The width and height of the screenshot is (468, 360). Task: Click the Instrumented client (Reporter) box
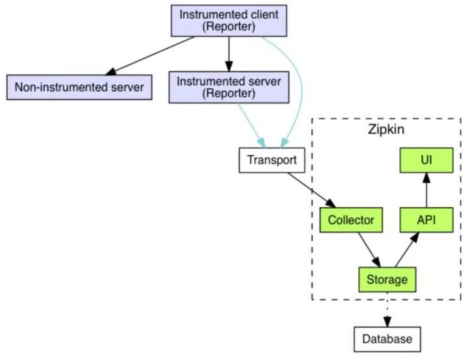[x=229, y=21]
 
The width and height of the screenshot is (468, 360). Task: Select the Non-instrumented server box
[x=79, y=87]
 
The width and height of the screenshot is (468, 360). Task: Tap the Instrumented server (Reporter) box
[x=229, y=87]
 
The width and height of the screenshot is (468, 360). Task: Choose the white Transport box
[x=272, y=160]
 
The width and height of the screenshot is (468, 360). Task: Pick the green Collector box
[x=351, y=220]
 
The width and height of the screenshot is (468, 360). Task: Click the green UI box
[x=426, y=160]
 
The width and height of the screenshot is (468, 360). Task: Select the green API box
[x=426, y=220]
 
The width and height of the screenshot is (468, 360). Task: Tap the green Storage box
[x=387, y=279]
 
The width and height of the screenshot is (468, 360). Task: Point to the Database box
[x=387, y=339]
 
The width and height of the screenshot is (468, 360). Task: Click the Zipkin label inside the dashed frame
[x=386, y=129]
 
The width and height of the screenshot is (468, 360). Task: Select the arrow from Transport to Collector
[x=311, y=190]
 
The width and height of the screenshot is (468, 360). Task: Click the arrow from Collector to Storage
[x=369, y=250]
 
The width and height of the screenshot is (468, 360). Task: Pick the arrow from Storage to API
[x=407, y=250]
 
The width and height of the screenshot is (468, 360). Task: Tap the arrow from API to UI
[x=426, y=190]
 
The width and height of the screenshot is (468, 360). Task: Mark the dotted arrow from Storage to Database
[x=387, y=309]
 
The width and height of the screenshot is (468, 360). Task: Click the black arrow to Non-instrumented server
[x=150, y=56]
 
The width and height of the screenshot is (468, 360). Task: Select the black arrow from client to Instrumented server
[x=229, y=54]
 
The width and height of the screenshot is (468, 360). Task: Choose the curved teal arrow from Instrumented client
[x=301, y=86]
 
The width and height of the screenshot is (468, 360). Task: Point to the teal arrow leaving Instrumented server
[x=252, y=125]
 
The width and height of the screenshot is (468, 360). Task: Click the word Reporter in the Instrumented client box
[x=229, y=26]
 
